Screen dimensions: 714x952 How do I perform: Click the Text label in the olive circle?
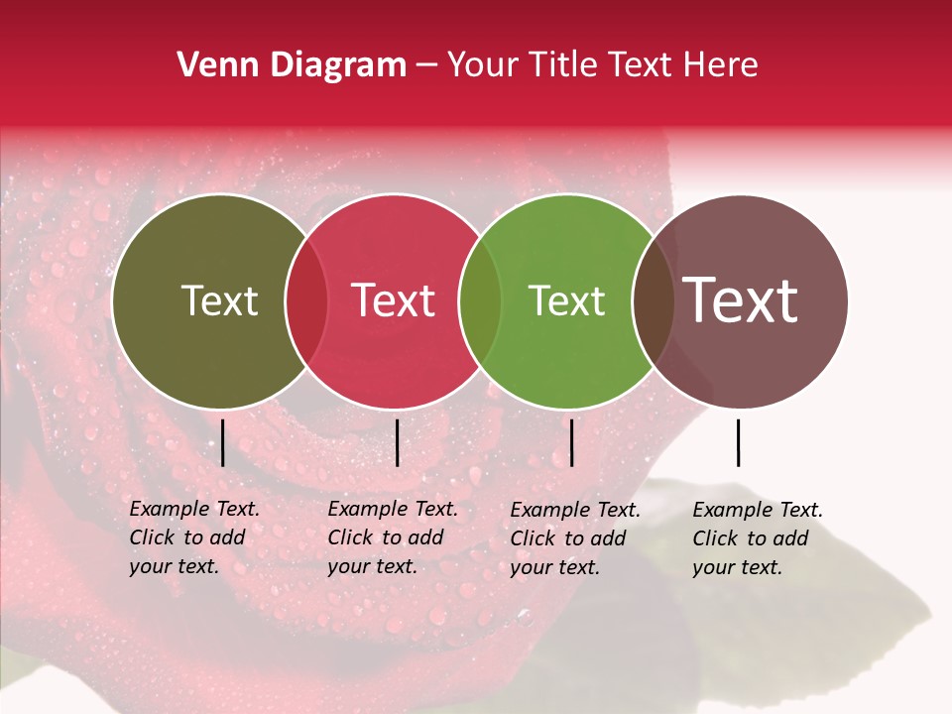point(219,300)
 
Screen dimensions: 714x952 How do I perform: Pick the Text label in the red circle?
point(393,300)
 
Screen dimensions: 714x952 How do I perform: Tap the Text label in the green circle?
point(566,300)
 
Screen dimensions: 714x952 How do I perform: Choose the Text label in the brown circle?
point(741,300)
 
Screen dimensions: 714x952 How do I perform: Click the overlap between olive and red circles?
point(306,301)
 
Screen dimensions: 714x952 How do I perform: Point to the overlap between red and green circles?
point(480,301)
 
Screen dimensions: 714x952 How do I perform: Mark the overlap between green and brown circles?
point(653,301)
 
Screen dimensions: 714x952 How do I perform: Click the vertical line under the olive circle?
point(223,442)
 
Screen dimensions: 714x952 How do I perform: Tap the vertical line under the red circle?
point(397,442)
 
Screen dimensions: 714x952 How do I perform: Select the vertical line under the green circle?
point(571,442)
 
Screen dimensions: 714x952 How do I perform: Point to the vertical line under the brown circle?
point(739,442)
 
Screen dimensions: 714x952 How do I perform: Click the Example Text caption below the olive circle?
point(194,537)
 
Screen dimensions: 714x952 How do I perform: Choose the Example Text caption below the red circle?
point(393,537)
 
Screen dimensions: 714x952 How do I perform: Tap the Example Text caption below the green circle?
point(575,538)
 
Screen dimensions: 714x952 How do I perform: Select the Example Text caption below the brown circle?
point(758,538)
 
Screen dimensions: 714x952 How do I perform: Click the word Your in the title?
point(484,65)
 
